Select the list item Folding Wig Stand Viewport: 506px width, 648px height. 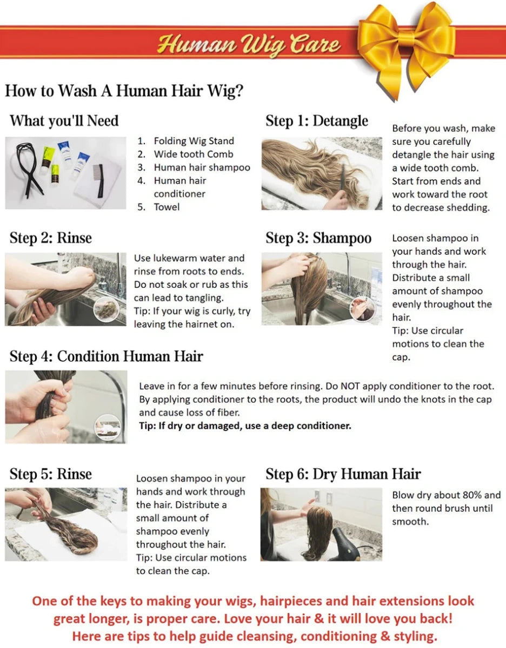click(194, 141)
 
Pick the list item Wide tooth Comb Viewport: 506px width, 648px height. click(194, 154)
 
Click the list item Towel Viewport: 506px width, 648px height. click(167, 207)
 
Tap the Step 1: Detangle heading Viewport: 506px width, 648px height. click(316, 120)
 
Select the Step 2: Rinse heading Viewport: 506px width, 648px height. click(51, 238)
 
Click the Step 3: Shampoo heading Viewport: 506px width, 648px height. click(318, 238)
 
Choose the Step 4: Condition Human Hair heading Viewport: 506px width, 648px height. click(106, 356)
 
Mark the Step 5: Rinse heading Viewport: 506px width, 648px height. click(51, 474)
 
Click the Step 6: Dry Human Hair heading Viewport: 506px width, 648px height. click(343, 474)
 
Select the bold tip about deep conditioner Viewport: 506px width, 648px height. click(245, 426)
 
